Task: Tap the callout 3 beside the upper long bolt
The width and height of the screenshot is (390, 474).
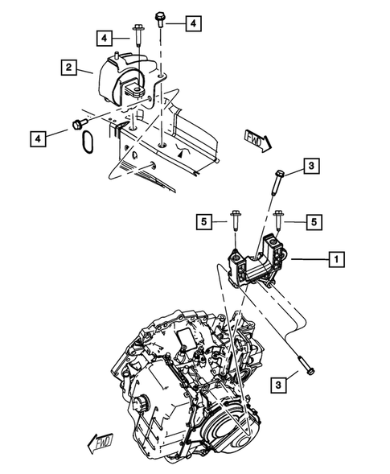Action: (311, 167)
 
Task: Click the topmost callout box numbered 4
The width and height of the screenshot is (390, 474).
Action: (193, 24)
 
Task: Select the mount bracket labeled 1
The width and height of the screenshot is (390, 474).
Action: (255, 266)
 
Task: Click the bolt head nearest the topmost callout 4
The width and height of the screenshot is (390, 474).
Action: (160, 17)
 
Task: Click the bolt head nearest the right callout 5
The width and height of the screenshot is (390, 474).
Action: (278, 216)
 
